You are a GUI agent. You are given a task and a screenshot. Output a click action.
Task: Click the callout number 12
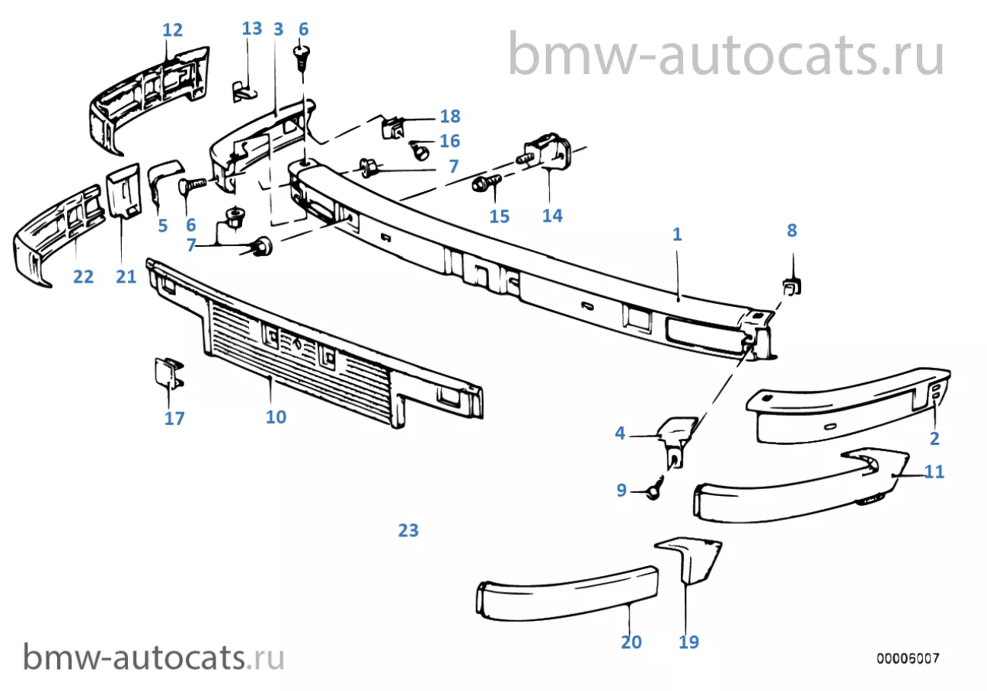(173, 30)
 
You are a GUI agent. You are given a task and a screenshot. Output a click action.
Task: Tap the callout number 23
(408, 530)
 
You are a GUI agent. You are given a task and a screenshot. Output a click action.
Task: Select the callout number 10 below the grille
(276, 417)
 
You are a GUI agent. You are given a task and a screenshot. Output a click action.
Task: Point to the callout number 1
(676, 235)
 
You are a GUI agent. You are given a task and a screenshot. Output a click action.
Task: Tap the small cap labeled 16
(418, 149)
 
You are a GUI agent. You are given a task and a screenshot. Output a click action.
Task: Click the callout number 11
(934, 472)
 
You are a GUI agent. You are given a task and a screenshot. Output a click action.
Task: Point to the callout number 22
(83, 277)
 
